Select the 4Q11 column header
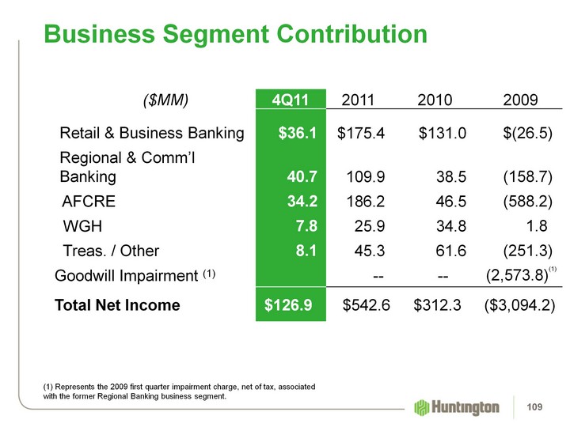pyautogui.click(x=289, y=100)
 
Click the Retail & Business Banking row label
pyautogui.click(x=152, y=133)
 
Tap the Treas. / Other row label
pyautogui.click(x=111, y=251)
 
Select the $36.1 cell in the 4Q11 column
pyautogui.click(x=298, y=133)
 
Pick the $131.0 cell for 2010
pyautogui.click(x=443, y=133)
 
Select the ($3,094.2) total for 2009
pyautogui.click(x=519, y=304)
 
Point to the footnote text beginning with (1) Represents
pyautogui.click(x=178, y=391)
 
